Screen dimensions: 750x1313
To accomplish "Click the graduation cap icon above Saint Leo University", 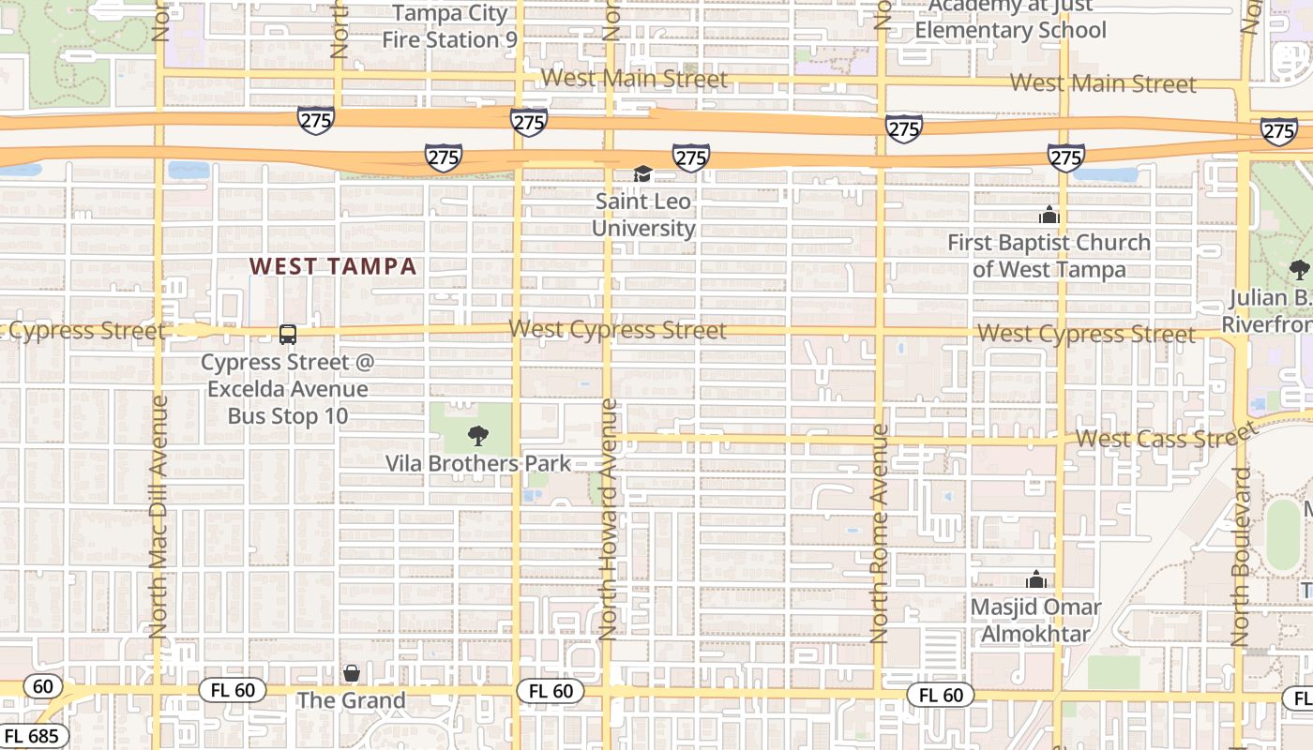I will pyautogui.click(x=642, y=174).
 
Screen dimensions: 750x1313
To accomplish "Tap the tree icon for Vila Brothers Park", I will pyautogui.click(x=477, y=435).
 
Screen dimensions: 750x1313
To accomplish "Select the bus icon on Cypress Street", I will pyautogui.click(x=288, y=335).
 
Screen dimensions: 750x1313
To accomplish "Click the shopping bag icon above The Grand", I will pyautogui.click(x=351, y=673).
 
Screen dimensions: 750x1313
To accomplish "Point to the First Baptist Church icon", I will pyautogui.click(x=1049, y=216).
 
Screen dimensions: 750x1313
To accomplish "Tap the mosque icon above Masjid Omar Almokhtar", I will pyautogui.click(x=1035, y=580).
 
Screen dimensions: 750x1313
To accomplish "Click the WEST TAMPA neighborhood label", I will pyautogui.click(x=333, y=266).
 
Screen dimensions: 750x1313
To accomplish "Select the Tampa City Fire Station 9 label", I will pyautogui.click(x=449, y=26).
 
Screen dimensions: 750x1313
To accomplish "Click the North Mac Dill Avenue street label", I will pyautogui.click(x=158, y=516).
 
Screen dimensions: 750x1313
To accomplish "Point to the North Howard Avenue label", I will pyautogui.click(x=609, y=519).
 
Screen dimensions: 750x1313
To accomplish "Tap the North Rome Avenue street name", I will pyautogui.click(x=879, y=533).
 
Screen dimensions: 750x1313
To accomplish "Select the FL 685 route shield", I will pyautogui.click(x=30, y=736).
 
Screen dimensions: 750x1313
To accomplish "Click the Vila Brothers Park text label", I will pyautogui.click(x=478, y=463).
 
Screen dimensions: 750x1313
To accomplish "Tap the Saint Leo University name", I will pyautogui.click(x=643, y=215).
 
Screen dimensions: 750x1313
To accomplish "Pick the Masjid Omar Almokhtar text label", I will pyautogui.click(x=1035, y=621).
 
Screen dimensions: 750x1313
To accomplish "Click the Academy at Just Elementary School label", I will pyautogui.click(x=1011, y=19).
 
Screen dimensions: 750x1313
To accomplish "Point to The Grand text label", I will pyautogui.click(x=352, y=700).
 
